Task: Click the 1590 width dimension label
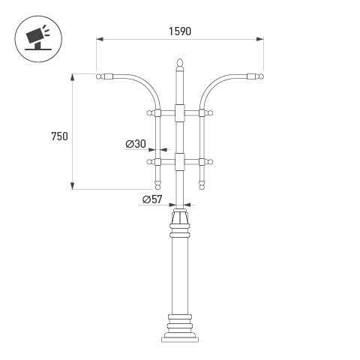[x=180, y=31]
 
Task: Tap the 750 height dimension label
[x=59, y=136]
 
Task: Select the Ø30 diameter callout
[x=136, y=144]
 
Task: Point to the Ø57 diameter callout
[x=152, y=199]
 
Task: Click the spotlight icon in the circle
[x=38, y=38]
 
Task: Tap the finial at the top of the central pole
[x=180, y=63]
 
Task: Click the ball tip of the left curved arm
[x=99, y=76]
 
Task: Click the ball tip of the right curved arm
[x=261, y=76]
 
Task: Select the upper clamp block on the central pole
[x=180, y=113]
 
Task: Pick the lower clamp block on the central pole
[x=180, y=162]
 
